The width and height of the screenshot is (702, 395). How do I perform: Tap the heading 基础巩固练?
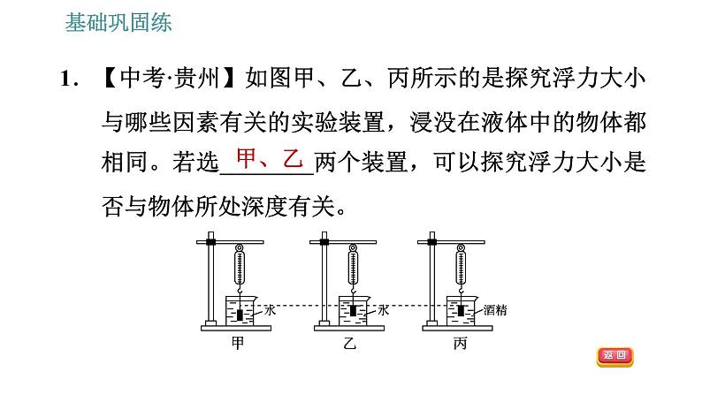point(118,23)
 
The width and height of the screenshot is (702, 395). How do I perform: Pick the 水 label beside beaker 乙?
point(383,310)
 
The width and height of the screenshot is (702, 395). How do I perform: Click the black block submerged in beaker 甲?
point(240,313)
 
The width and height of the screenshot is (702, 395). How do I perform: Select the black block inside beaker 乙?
point(354,310)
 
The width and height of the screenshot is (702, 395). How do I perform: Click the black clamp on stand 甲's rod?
point(211,241)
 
